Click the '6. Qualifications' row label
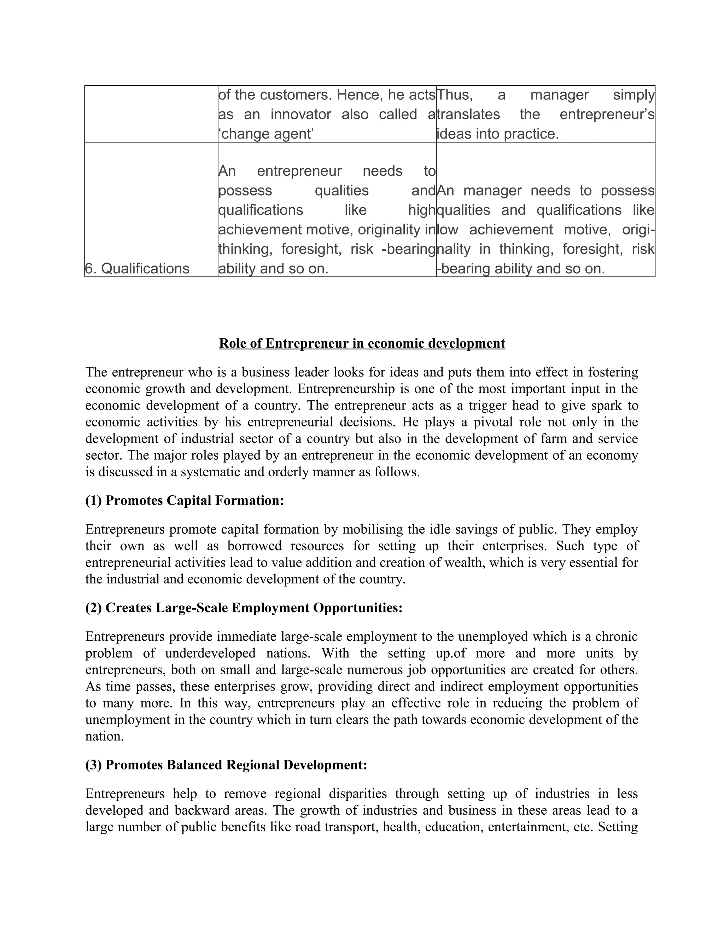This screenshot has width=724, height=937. (137, 269)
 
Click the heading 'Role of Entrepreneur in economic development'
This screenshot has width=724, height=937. (362, 343)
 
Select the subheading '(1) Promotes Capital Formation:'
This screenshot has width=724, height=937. (185, 500)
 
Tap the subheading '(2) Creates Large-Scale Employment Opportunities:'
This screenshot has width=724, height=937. (244, 607)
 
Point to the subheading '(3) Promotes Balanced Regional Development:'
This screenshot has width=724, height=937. (226, 764)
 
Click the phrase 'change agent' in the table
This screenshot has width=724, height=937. (268, 134)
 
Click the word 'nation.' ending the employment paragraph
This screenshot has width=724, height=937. (105, 736)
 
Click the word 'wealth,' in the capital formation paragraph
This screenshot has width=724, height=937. (465, 563)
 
